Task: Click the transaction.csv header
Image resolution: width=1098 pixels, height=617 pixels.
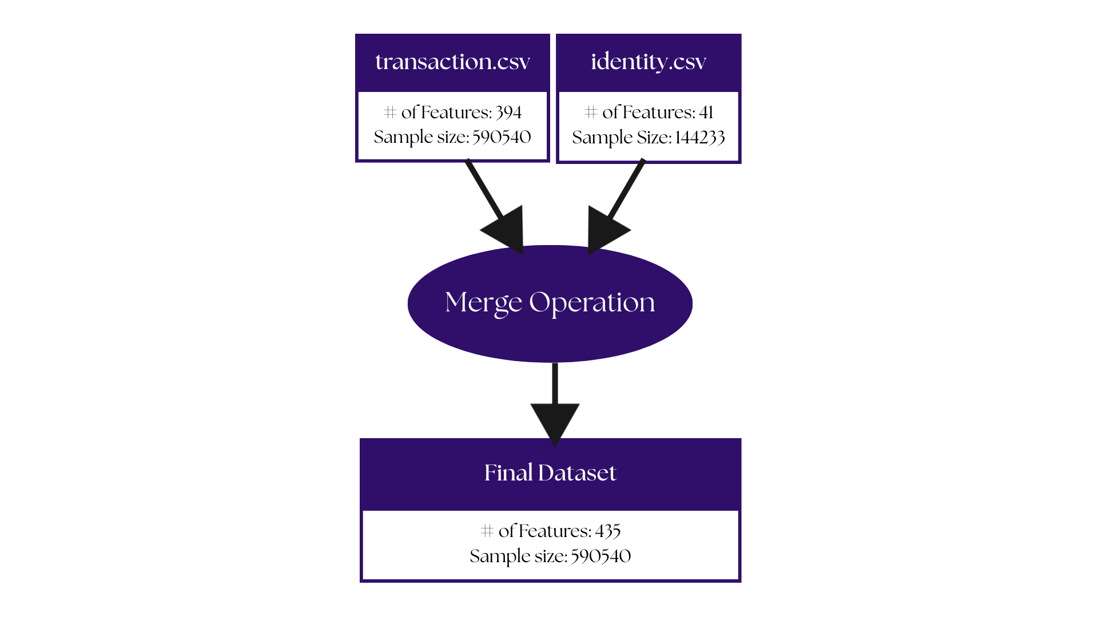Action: [452, 62]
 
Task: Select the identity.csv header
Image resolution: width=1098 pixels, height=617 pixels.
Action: [649, 62]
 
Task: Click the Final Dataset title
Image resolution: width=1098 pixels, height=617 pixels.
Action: [550, 473]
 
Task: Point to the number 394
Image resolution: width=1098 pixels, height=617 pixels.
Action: [508, 113]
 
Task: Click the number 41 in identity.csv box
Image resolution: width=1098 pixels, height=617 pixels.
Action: [706, 113]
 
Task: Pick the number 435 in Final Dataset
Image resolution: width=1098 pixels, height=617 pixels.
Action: [608, 531]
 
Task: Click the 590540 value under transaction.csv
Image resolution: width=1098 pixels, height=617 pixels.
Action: [502, 137]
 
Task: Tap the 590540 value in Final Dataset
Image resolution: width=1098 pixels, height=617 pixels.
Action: [601, 556]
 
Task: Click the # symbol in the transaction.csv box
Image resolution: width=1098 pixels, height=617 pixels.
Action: [390, 112]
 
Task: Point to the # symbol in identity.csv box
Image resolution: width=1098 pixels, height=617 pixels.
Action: [591, 112]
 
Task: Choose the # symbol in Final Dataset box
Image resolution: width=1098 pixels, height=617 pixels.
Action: [487, 531]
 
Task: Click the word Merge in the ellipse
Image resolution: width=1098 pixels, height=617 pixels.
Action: [483, 303]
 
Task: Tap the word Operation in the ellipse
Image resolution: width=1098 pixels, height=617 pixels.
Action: [592, 303]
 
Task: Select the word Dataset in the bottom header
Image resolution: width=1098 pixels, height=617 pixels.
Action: [577, 473]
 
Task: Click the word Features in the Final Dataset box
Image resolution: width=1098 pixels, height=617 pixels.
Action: [553, 531]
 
